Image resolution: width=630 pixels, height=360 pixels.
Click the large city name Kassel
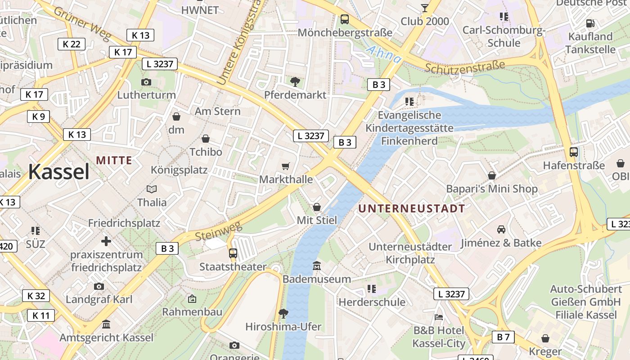coord(59,172)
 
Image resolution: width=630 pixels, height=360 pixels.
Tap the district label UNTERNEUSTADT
coord(412,208)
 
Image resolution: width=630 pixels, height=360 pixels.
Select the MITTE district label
coord(114,160)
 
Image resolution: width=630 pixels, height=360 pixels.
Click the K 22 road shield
coord(72,44)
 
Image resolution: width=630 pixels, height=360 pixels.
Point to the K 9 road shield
coord(38,117)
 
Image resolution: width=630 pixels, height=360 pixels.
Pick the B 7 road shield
coord(503,337)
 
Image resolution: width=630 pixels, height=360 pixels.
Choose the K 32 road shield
coord(36,296)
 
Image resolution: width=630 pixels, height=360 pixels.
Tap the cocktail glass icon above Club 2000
coord(424,8)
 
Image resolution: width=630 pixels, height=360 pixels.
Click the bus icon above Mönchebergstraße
coord(345,19)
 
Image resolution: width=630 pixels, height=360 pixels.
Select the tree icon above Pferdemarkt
coord(295,81)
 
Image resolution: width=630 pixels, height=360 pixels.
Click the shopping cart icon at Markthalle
coord(285,166)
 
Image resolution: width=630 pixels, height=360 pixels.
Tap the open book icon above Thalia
coord(152,189)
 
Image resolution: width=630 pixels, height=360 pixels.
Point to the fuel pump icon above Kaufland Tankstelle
coord(590,23)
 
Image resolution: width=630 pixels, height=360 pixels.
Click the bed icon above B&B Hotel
coord(439,317)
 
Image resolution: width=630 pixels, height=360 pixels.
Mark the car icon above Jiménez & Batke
coord(501,229)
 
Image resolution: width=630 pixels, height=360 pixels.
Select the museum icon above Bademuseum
coord(317,266)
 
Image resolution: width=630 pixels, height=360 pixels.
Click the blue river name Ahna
coord(383,54)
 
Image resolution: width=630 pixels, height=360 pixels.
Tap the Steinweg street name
coord(218,231)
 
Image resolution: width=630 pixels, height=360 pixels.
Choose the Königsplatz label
coord(179,170)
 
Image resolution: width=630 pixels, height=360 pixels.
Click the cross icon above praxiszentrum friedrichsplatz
coord(106,242)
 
